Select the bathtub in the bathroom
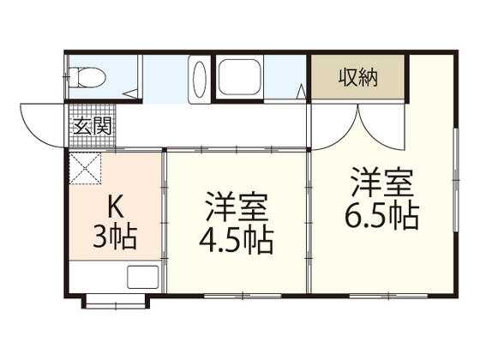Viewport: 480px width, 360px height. point(245,81)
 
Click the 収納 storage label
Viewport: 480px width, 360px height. point(358,79)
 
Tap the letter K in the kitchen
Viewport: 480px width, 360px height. point(114,207)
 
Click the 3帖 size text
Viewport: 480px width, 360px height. point(114,237)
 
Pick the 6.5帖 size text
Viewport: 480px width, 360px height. point(383,213)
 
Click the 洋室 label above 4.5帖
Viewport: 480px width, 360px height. point(237,207)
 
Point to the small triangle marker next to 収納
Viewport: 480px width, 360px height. point(302,89)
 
